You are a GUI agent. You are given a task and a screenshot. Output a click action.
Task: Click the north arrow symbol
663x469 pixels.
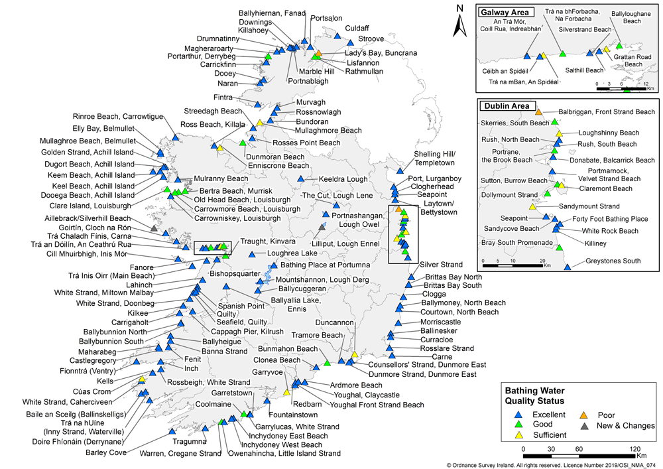point(459,21)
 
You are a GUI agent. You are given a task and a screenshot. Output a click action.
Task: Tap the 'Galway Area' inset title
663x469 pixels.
point(505,12)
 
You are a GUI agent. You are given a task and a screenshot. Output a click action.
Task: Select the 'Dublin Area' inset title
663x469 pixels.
point(507,106)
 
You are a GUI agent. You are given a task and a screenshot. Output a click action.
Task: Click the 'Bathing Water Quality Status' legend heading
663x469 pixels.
point(534,396)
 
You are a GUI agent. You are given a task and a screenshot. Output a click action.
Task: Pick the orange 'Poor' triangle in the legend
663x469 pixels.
point(583,415)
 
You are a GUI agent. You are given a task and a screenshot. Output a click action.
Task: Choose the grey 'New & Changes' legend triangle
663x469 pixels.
point(583,425)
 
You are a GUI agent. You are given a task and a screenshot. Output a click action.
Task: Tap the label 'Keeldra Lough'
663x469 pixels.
point(343,179)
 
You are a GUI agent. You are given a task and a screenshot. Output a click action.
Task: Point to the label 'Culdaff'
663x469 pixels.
point(357,29)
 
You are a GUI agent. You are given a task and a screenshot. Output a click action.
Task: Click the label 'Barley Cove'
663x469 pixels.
point(105,452)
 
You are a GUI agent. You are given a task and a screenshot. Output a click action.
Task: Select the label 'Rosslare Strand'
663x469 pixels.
point(447,348)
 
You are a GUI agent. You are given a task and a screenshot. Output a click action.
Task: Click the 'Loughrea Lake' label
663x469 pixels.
point(292,253)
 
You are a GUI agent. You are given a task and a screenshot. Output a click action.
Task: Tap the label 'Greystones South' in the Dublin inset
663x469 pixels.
point(613,261)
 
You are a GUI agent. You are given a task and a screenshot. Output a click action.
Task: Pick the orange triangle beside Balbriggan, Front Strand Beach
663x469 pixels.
point(538,112)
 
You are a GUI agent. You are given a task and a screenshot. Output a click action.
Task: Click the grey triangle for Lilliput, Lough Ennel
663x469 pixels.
point(322,227)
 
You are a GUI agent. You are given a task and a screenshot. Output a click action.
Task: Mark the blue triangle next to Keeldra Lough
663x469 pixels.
point(300,179)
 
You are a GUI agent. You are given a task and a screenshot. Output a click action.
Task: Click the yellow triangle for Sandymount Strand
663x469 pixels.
point(532,206)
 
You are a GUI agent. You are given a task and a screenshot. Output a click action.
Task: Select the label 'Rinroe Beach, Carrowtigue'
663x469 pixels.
point(118,117)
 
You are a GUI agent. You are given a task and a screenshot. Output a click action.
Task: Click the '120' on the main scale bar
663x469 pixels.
point(635,449)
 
